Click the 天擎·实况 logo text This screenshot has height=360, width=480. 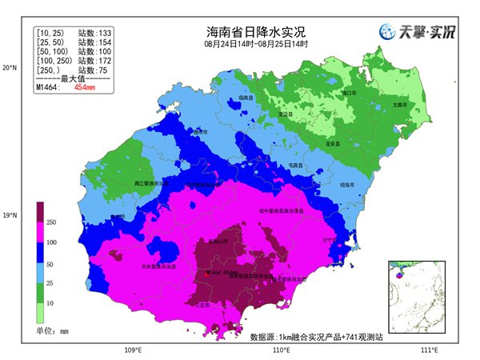click(428, 33)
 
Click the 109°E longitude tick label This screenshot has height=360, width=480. click(134, 350)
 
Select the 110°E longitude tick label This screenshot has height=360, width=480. click(281, 350)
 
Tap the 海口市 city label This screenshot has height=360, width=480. click(349, 94)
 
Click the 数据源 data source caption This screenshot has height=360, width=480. click(316, 337)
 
